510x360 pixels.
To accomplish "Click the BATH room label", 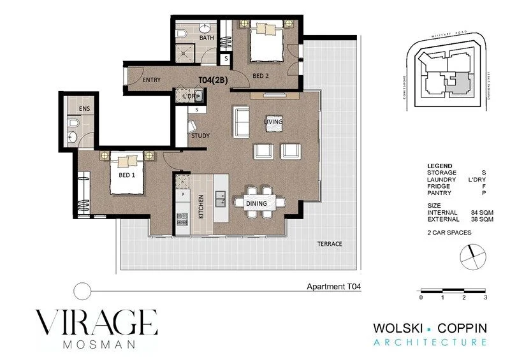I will tap(207, 38).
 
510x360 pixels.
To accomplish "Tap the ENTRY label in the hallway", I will tap(151, 80).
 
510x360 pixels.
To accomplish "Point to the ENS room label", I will tap(84, 109).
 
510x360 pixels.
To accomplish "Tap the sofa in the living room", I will tap(242, 122).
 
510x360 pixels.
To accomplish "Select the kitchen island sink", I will tap(221, 199).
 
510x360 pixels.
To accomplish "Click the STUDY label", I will tap(200, 136).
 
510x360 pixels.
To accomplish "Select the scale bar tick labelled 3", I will tap(486, 298).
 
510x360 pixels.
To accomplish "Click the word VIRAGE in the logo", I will tap(96, 322).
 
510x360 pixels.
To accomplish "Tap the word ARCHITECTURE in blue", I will tap(430, 343).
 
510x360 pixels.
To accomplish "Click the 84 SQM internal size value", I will tap(481, 213).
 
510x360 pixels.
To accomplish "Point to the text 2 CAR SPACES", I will tap(449, 233).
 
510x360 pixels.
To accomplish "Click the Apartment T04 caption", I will tap(333, 287).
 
